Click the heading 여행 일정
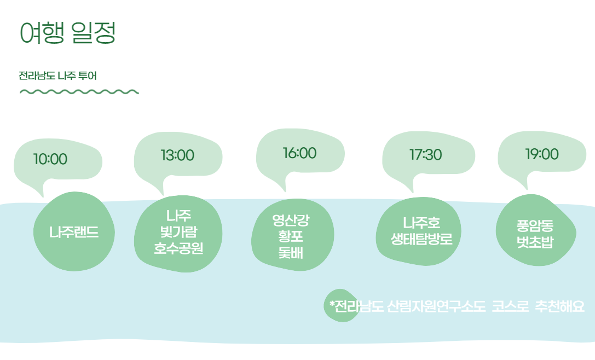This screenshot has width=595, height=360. point(67,33)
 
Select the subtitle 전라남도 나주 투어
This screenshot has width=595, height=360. point(57,76)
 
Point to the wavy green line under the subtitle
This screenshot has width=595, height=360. point(79,91)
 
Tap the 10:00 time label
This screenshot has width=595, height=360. point(50,159)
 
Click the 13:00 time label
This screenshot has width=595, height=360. point(177,155)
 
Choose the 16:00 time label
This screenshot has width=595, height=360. point(299,153)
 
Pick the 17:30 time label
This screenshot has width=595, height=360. point(425,155)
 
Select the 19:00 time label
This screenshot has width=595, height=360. point(542,154)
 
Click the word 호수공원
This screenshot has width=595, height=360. point(178,249)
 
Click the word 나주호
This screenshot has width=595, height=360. point(421,223)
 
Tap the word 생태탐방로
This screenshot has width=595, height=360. point(421,240)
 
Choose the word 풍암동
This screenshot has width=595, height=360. point(535,225)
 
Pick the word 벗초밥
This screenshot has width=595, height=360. point(535,242)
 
